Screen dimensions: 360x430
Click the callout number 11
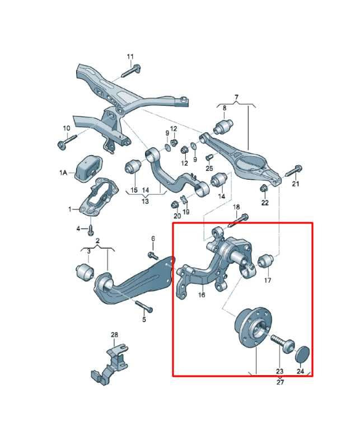coord(130,57)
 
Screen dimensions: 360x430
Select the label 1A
coord(63,172)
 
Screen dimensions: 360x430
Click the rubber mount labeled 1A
coord(88,169)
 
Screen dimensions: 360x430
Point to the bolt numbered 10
coord(67,141)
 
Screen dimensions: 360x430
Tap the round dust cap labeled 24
coord(302,354)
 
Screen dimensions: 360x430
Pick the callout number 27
coord(280,382)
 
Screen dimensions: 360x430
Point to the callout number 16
coord(202,295)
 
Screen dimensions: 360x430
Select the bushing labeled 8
coord(223,126)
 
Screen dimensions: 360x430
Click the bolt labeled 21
coord(293,171)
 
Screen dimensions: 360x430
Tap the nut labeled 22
coord(264,188)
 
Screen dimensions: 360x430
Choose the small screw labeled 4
coord(90,230)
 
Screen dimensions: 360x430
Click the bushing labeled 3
coord(85,272)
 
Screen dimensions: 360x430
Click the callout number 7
coord(236,97)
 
